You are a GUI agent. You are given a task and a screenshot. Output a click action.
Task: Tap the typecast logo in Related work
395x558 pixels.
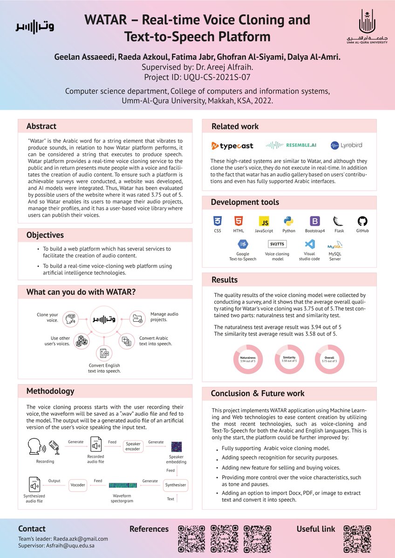(x=232, y=146)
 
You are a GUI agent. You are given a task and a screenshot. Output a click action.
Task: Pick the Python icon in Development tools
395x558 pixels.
(x=288, y=221)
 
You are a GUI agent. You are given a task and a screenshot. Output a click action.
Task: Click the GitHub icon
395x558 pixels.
(x=362, y=221)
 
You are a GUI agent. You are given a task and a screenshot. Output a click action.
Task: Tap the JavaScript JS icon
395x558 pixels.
(x=264, y=221)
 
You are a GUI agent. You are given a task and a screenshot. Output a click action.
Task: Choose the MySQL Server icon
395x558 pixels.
(x=334, y=245)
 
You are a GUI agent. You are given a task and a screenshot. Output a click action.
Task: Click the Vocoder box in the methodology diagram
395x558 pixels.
(x=77, y=485)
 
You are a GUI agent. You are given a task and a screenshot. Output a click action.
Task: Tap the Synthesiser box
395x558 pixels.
(x=176, y=485)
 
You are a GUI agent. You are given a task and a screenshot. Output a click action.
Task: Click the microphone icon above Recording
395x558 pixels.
(x=54, y=447)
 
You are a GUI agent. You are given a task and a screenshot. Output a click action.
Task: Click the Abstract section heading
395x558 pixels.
(x=41, y=126)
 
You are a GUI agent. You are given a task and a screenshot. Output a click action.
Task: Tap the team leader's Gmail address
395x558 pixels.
(x=81, y=538)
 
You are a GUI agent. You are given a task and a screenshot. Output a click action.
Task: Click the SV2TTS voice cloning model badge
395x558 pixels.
(x=277, y=244)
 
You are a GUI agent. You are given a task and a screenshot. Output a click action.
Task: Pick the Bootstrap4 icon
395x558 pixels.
(x=314, y=221)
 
